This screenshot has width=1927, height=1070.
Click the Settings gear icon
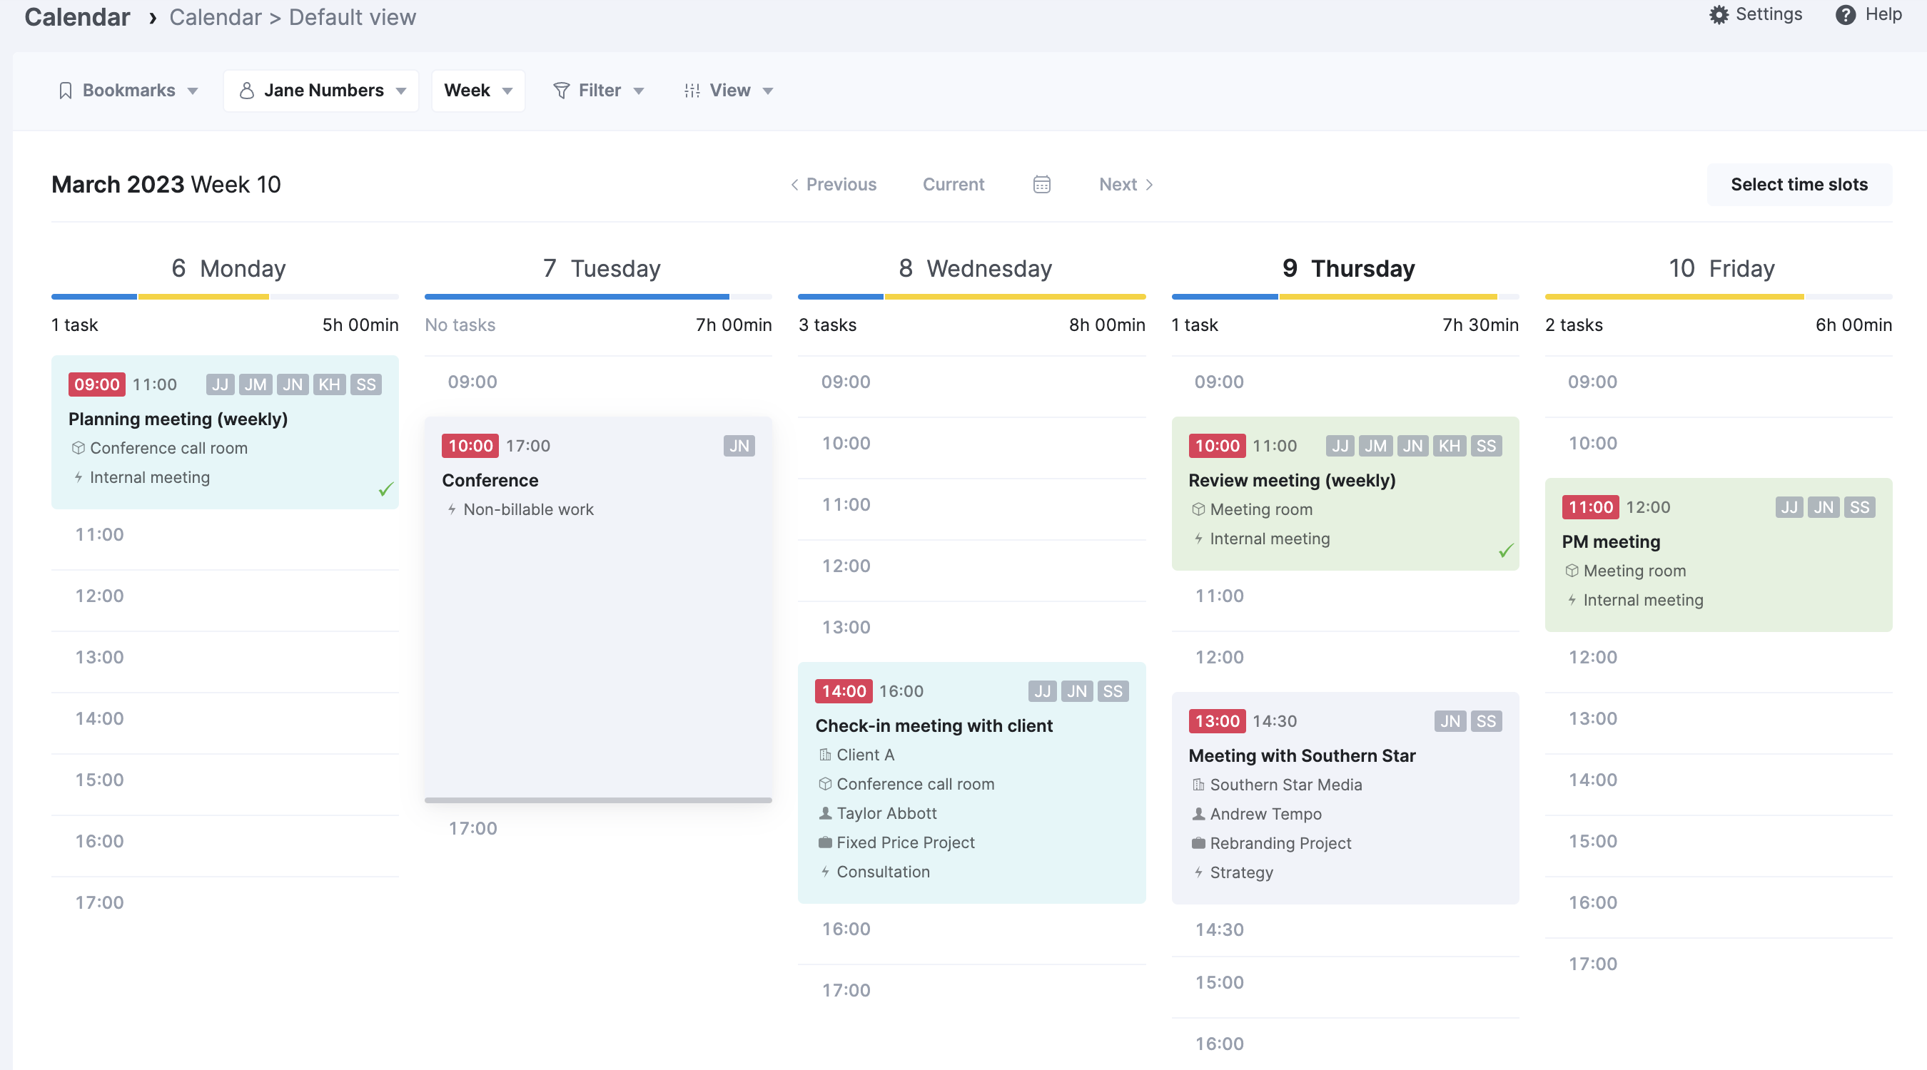pos(1719,15)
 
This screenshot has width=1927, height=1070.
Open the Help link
pos(1868,15)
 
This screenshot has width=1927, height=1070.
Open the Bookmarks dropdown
pos(128,91)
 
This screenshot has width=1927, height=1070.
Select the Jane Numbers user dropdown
pos(322,91)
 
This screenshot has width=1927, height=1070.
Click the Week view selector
pos(477,91)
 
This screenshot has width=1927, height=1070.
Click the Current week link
pos(953,185)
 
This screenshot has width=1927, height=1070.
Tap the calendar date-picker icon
pos(1041,185)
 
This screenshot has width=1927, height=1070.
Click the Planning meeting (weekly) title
pos(178,419)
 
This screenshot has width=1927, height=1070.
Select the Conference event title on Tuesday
pos(490,480)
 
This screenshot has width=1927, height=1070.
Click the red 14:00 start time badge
pos(843,691)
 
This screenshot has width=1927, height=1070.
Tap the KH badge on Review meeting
pos(1449,447)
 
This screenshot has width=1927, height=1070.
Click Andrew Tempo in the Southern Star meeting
pos(1265,813)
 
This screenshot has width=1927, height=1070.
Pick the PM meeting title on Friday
pos(1611,541)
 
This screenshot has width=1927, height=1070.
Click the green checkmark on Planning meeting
pos(385,490)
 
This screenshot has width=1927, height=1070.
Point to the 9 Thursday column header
pos(1348,268)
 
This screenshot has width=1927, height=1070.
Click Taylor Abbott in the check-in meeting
pos(886,812)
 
